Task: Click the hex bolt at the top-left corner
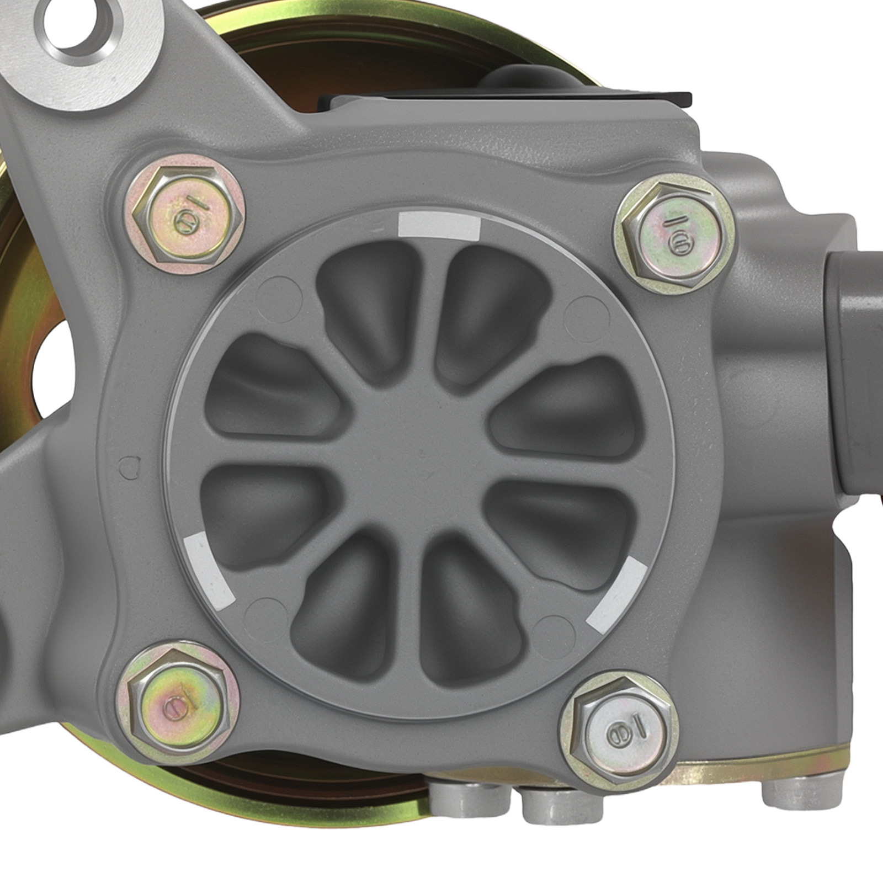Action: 188,216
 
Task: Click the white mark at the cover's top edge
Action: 439,226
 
